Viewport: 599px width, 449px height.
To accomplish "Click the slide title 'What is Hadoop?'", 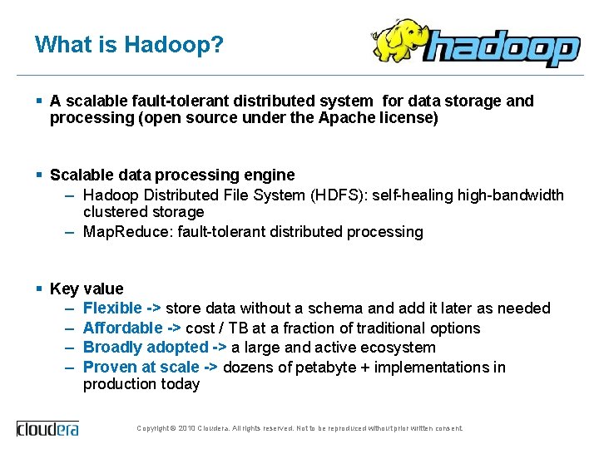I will [x=129, y=44].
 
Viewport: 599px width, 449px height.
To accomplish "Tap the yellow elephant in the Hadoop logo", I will [x=398, y=42].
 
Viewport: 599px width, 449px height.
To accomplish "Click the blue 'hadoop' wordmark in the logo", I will [x=499, y=49].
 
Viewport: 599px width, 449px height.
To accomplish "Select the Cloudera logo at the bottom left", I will [x=47, y=428].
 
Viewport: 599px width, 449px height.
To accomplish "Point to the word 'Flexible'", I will [x=112, y=308].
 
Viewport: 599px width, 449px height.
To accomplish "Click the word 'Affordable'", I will [x=123, y=328].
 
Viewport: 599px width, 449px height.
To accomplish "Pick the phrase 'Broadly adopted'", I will [x=146, y=348].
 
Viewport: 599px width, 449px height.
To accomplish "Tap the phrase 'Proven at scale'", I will [x=141, y=368].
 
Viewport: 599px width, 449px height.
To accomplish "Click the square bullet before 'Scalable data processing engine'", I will [x=39, y=175].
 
